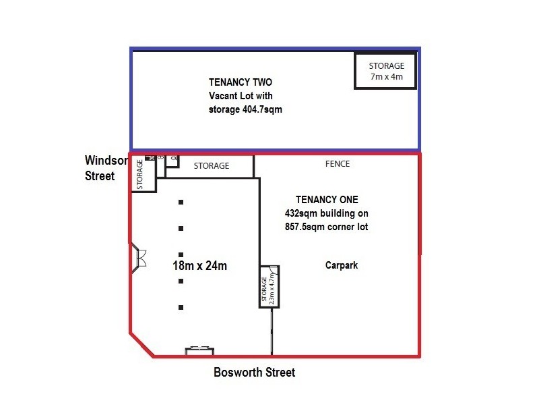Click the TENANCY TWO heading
click(237, 82)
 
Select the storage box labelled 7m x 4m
click(386, 71)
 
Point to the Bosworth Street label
click(254, 372)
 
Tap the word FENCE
click(337, 164)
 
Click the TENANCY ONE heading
click(327, 200)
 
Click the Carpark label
click(341, 265)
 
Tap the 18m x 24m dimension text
click(199, 266)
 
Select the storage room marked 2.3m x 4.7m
click(269, 286)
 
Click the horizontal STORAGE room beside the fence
click(211, 166)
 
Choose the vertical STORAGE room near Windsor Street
click(140, 174)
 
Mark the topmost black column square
click(181, 202)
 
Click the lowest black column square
click(181, 307)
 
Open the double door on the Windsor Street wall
click(141, 258)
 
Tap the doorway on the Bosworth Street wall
click(200, 350)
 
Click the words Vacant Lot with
click(241, 95)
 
